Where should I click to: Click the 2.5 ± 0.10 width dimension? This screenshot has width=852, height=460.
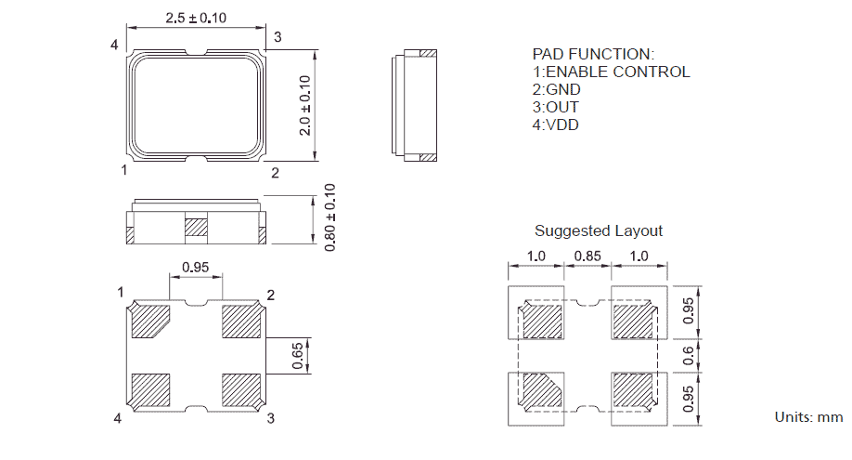(x=196, y=18)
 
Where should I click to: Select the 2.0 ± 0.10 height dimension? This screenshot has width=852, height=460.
(x=304, y=104)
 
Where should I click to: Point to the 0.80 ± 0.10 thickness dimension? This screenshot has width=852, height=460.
(x=329, y=217)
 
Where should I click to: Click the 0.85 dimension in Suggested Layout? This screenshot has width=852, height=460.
(x=587, y=256)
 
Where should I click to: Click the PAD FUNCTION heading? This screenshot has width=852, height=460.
(x=593, y=54)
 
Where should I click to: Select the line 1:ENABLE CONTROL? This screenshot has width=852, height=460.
(x=611, y=72)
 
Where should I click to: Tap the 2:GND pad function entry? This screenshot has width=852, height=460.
(x=556, y=89)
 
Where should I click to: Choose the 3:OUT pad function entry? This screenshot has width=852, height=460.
(x=555, y=107)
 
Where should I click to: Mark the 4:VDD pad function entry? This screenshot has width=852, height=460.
(x=555, y=125)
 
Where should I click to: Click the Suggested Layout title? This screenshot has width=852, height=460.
(x=599, y=230)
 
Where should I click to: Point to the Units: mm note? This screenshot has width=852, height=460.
(x=808, y=417)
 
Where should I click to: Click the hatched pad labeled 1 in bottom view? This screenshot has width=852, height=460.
(x=149, y=322)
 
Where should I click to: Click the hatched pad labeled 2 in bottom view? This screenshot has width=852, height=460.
(x=241, y=322)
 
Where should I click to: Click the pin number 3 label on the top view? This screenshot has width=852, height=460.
(x=277, y=36)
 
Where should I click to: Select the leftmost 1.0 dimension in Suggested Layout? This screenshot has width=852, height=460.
(x=536, y=256)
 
